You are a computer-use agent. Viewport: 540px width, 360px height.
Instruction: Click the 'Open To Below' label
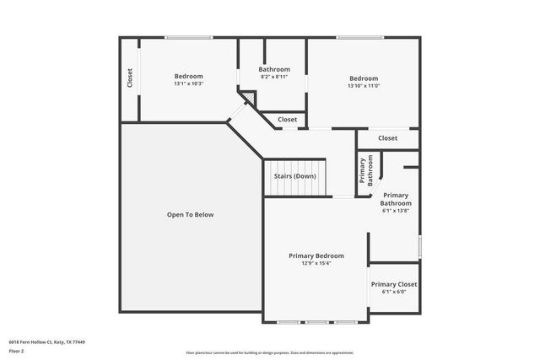point(190,215)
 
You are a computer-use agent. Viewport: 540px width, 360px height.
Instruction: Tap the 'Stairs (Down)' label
point(294,176)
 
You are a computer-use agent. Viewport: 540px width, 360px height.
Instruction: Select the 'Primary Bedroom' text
point(316,255)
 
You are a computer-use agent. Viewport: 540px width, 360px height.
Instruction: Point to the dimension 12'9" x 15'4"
point(316,263)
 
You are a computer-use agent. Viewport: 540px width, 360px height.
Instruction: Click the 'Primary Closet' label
point(394,284)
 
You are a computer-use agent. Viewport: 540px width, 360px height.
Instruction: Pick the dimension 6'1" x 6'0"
point(394,292)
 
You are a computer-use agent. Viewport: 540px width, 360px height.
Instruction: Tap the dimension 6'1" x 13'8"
point(396,211)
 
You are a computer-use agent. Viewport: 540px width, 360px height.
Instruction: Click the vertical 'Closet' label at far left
point(130,78)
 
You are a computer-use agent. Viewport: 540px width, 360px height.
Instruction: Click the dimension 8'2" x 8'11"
point(274,77)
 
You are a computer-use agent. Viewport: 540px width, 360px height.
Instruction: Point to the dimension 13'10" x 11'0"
point(364,85)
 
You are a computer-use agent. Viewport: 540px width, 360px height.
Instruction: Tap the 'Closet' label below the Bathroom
point(288,120)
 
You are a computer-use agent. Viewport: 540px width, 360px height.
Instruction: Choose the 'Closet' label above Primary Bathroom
point(387,138)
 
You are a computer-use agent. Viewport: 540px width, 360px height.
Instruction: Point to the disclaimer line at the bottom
point(270,352)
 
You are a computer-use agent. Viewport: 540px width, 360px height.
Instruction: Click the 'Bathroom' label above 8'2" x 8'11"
point(274,69)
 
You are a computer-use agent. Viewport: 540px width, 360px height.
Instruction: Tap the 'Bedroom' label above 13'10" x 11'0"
point(364,78)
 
